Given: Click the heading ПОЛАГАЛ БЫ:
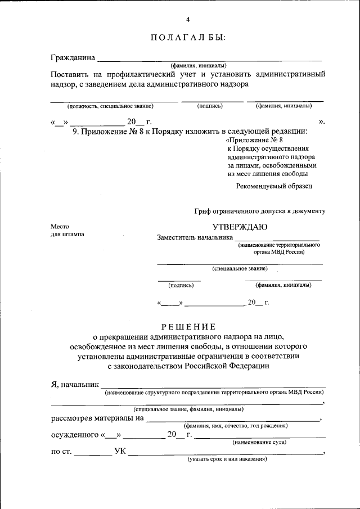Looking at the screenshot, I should click(x=188, y=38).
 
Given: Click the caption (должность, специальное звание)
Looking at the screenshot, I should click(x=110, y=106).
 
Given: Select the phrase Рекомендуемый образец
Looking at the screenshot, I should click(x=274, y=186).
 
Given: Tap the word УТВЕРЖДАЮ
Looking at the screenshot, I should click(x=240, y=227).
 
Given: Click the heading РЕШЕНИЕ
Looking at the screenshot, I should click(x=188, y=327).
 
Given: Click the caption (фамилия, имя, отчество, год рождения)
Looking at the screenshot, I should click(x=236, y=426).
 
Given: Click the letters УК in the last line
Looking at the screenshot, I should click(x=120, y=451).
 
